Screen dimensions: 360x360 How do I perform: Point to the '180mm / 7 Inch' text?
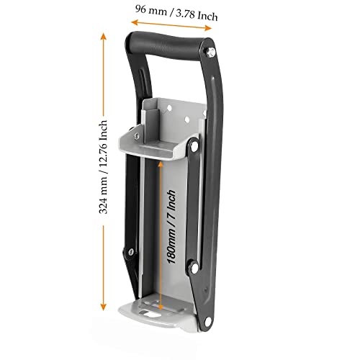(171, 228)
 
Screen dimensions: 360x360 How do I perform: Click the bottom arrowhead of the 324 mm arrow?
(105, 306)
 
